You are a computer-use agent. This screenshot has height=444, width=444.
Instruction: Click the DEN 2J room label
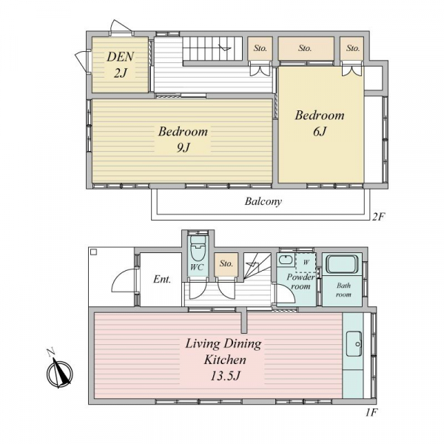pos(120,65)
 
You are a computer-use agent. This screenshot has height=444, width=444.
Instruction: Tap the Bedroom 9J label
pos(183,139)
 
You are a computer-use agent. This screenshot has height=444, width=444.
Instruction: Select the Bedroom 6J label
pos(320,123)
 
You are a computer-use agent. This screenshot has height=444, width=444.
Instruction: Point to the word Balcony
pos(263,201)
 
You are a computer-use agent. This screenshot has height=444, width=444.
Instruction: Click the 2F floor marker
pos(378,217)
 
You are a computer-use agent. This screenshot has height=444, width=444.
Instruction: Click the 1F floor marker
pos(371,413)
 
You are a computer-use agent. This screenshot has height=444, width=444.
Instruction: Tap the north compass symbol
pos(59,371)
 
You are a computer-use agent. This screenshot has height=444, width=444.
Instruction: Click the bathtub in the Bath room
pos(343,264)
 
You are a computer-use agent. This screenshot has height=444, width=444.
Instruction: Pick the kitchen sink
pos(354,344)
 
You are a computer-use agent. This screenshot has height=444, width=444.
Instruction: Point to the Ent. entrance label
pos(162,280)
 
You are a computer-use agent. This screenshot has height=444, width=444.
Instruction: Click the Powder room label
pos(300,281)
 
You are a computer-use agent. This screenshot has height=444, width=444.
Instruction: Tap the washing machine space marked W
pos(306,262)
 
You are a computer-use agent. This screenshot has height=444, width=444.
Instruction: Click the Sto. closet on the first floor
pos(226,264)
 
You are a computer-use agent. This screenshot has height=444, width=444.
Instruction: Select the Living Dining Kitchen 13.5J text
pos(224,360)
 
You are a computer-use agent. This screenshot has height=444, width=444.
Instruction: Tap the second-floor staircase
pos(212,48)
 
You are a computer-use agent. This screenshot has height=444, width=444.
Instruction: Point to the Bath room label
pos(343,290)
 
